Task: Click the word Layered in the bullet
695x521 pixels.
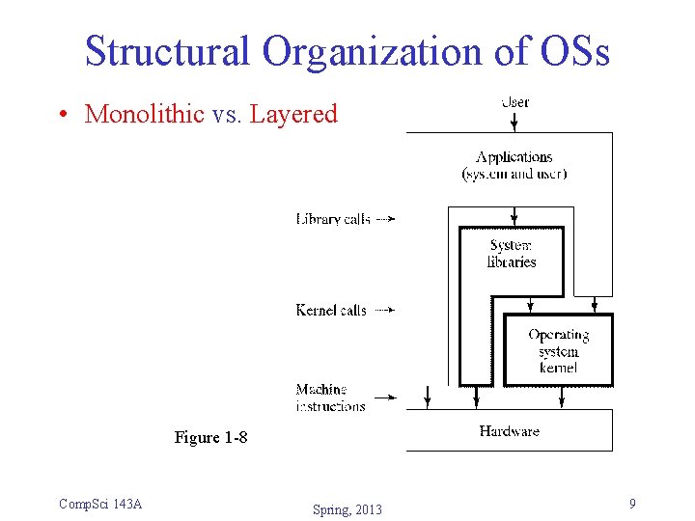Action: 293,114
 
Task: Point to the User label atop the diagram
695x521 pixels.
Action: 514,101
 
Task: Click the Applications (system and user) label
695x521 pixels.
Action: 514,165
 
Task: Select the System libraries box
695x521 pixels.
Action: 512,254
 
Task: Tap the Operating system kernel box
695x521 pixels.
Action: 558,350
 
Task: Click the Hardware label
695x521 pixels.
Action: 509,431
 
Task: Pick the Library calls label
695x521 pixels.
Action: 333,219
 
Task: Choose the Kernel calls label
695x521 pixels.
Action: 331,310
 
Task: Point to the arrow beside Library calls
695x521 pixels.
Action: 384,219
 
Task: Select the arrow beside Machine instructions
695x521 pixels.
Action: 384,397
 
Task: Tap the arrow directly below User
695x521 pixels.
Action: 514,121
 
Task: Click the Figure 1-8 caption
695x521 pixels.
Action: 210,437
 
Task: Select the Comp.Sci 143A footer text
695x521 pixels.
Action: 100,504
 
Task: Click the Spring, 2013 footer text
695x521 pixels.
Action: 347,509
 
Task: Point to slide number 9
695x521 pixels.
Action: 631,504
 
